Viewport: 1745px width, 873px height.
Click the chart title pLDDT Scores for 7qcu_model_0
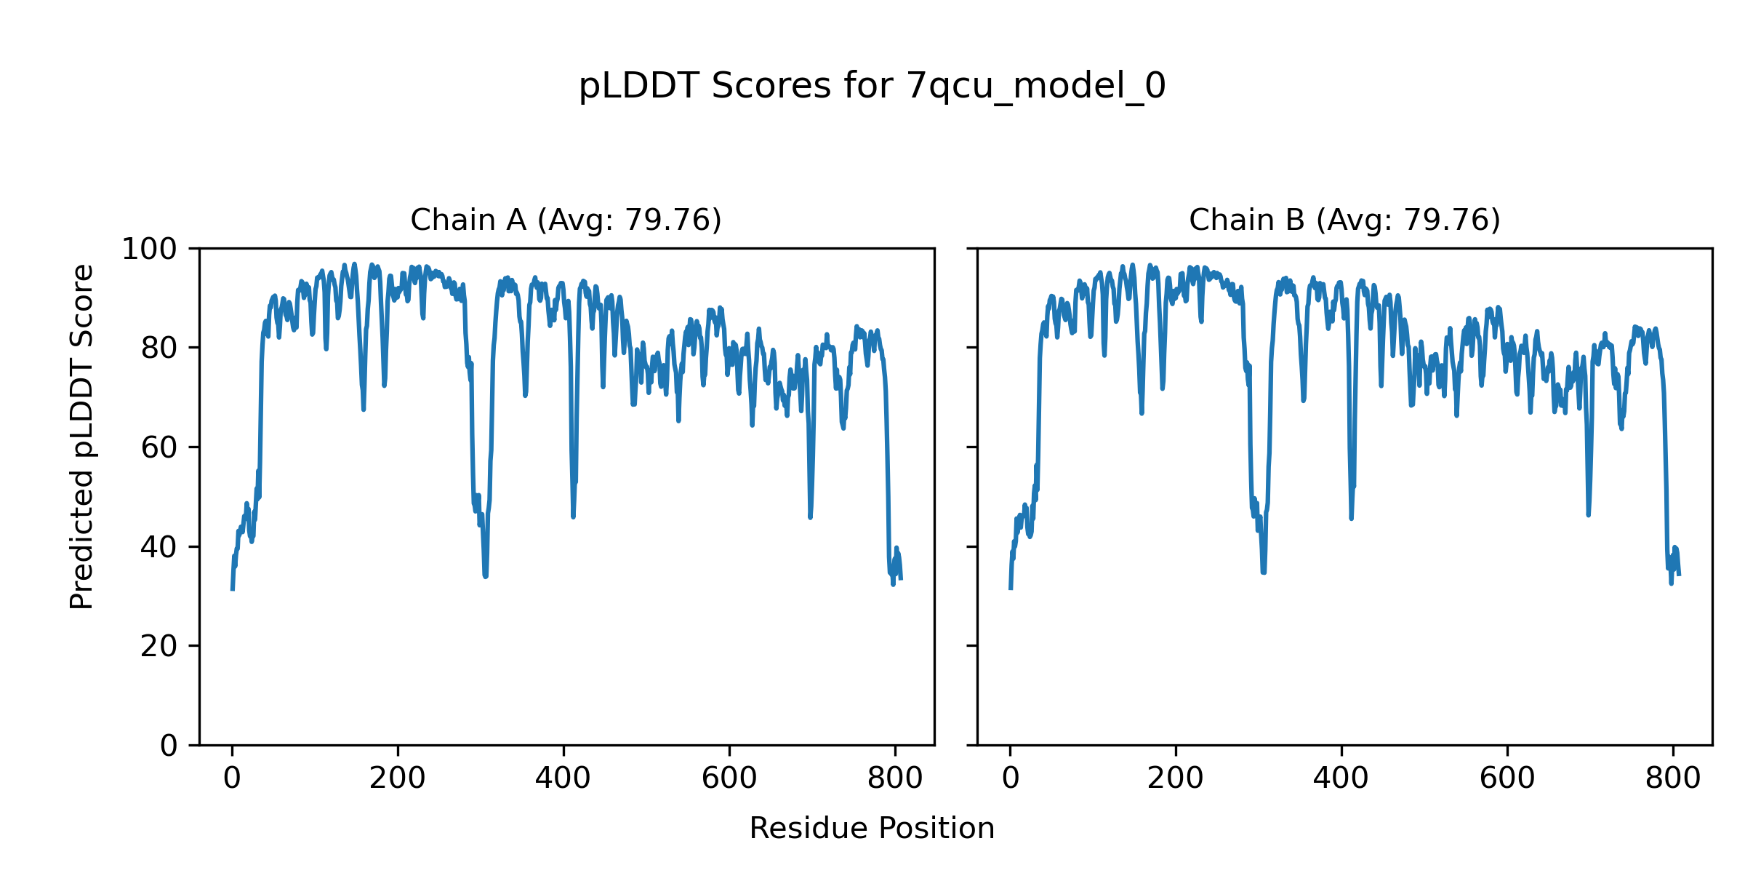[x=872, y=87]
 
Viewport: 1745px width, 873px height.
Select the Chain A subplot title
[x=566, y=220]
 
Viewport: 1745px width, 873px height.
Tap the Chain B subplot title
[x=1344, y=220]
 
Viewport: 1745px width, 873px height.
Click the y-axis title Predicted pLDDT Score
[x=82, y=436]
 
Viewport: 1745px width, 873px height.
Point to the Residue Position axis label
[x=872, y=829]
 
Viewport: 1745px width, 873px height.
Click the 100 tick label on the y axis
[x=149, y=250]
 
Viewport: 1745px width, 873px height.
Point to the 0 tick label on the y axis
[x=169, y=746]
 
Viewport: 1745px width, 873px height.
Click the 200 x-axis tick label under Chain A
[x=397, y=779]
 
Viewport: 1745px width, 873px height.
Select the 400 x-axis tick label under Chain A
[x=563, y=779]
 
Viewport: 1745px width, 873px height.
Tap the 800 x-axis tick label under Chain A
[x=895, y=779]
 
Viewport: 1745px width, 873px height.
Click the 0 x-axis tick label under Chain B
[x=1010, y=779]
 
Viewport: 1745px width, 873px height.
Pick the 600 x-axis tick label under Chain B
[x=1507, y=779]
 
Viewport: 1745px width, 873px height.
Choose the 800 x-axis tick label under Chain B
[x=1673, y=779]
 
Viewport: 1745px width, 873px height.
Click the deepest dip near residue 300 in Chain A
[x=485, y=575]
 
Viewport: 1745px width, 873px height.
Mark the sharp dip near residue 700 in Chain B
[x=1589, y=514]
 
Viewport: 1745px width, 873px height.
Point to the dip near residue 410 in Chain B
[x=1351, y=517]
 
